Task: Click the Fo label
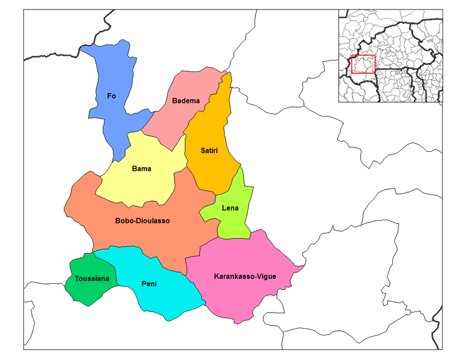(x=111, y=96)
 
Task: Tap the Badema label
(x=186, y=101)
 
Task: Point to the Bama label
(x=141, y=169)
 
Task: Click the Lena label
(x=230, y=208)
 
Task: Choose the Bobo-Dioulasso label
(x=142, y=221)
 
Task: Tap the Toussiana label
(x=92, y=279)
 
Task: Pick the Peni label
(x=149, y=284)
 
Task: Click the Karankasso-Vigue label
(x=245, y=277)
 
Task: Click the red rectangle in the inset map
(x=363, y=64)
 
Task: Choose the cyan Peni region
(x=168, y=297)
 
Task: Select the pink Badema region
(x=180, y=117)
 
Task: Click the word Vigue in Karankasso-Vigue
(x=264, y=277)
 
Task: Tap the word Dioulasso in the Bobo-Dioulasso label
(x=153, y=221)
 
